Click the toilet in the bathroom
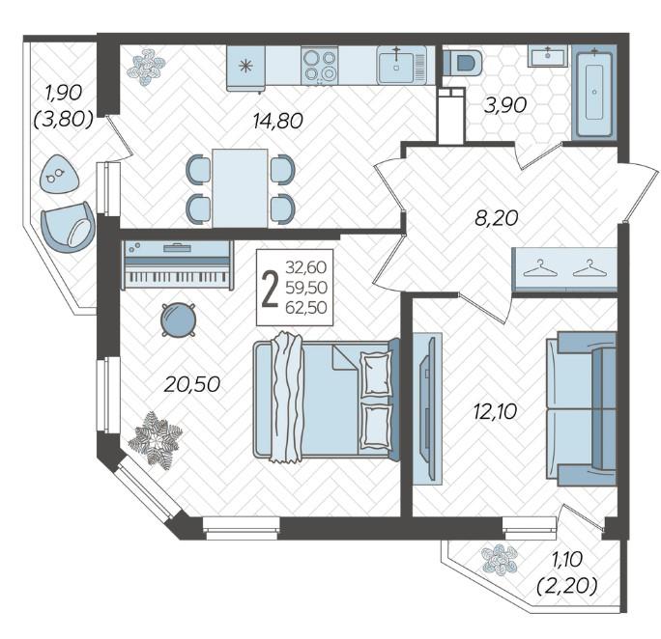tap(462, 63)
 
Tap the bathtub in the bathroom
tap(594, 93)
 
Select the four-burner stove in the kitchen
tap(320, 65)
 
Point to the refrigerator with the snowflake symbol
tap(245, 68)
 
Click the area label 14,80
tap(277, 122)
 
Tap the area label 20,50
tap(191, 384)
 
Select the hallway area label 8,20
tap(496, 218)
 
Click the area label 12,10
tap(495, 412)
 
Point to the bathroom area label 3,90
tap(505, 105)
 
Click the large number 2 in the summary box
tap(270, 288)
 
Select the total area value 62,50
tap(306, 308)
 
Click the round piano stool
tap(179, 319)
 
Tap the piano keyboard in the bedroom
tap(177, 264)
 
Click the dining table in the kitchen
tap(240, 188)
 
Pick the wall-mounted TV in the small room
tap(427, 408)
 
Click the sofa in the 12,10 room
tap(582, 408)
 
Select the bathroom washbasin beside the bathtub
tap(548, 56)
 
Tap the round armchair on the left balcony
tap(68, 228)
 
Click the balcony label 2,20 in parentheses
tap(567, 586)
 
